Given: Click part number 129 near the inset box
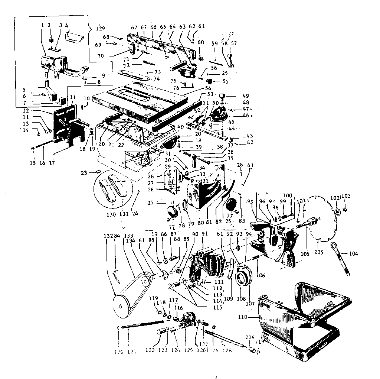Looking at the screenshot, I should click(x=100, y=28).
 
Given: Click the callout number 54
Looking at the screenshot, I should click(x=208, y=88).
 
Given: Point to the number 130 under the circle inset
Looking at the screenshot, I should click(x=110, y=215).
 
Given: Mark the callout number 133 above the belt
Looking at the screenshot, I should click(x=128, y=235).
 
